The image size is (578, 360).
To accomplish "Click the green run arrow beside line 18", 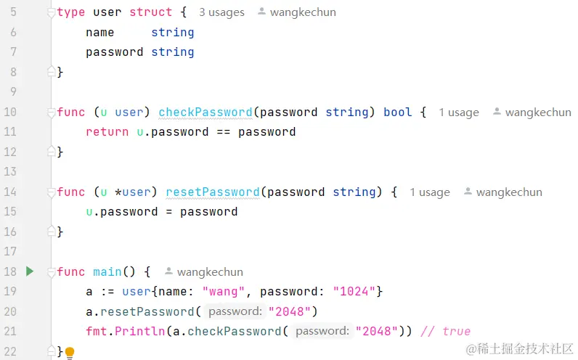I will [x=30, y=271].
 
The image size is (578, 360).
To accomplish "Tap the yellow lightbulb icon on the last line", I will [x=70, y=353].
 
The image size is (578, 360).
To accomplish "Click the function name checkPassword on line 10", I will [x=205, y=112].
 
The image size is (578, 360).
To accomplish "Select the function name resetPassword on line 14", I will [x=213, y=192].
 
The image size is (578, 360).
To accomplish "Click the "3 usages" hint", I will [x=221, y=12].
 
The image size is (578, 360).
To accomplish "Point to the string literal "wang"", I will [x=224, y=291].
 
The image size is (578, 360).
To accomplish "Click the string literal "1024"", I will [x=354, y=291].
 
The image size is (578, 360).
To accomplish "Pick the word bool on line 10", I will [x=397, y=112].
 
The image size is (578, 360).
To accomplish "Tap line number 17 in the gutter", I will [x=10, y=251].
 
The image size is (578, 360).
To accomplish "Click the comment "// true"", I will [x=445, y=331].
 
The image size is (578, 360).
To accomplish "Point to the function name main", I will [x=107, y=271].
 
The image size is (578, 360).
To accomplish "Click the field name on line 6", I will [x=100, y=33].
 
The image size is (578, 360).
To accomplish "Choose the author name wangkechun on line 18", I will [x=210, y=272].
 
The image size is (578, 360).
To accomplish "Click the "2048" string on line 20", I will [x=290, y=311].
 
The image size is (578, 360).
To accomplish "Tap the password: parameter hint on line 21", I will [x=322, y=331].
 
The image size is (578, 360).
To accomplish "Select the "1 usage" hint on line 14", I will [x=430, y=192].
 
